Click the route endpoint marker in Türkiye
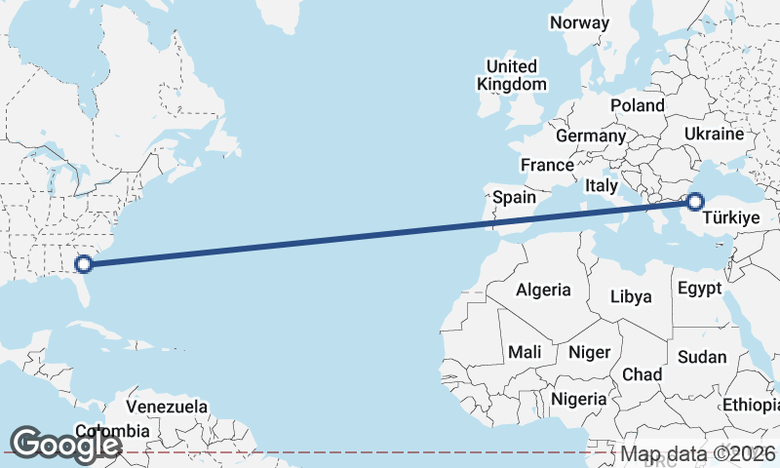point(694,202)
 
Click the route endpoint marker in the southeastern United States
point(84,262)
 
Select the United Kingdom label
point(512,75)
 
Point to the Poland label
point(638,105)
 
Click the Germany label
point(591,136)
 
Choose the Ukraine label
point(714,134)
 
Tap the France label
point(547,165)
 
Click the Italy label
point(603,184)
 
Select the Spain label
point(514,197)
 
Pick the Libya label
point(631,296)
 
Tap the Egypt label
point(700,289)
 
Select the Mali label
point(525,352)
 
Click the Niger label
point(589,352)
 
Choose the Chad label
point(643,374)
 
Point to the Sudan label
point(703,357)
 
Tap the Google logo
point(65,445)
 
